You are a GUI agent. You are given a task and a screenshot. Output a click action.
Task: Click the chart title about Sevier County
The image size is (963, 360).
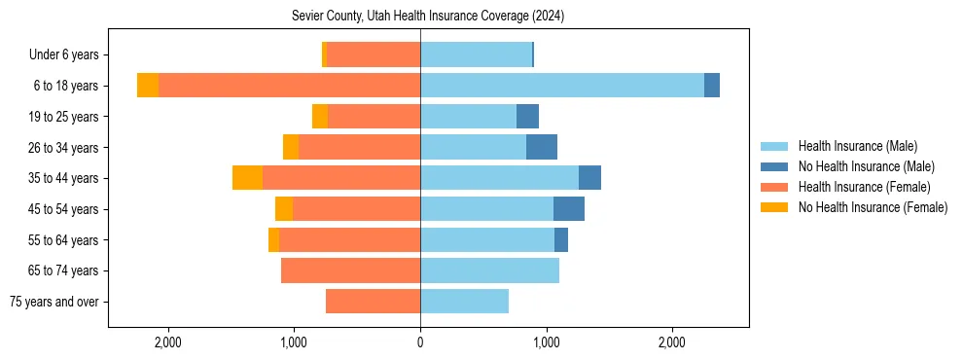click(428, 17)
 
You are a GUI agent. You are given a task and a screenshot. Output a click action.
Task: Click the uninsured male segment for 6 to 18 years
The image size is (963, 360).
click(712, 86)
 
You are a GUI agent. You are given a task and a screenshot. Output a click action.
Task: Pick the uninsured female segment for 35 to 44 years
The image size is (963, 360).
click(247, 178)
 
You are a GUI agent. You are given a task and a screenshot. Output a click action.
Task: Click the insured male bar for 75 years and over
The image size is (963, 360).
click(464, 302)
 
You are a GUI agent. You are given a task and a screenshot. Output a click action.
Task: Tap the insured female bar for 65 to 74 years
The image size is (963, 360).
click(350, 270)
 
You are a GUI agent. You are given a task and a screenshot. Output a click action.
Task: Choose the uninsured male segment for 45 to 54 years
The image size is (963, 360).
click(569, 209)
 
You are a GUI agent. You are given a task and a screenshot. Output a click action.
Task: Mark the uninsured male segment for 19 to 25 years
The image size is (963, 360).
click(527, 117)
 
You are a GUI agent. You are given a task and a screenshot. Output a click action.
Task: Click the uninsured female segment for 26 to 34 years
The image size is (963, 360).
click(291, 147)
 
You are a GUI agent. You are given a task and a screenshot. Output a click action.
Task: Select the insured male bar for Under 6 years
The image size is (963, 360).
click(476, 55)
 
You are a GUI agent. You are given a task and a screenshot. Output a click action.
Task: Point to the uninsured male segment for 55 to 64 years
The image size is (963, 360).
click(561, 239)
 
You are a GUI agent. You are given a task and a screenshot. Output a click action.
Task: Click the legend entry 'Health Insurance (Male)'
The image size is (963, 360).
click(857, 146)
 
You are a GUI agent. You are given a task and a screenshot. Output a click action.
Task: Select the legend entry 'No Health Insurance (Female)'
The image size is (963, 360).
click(872, 207)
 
